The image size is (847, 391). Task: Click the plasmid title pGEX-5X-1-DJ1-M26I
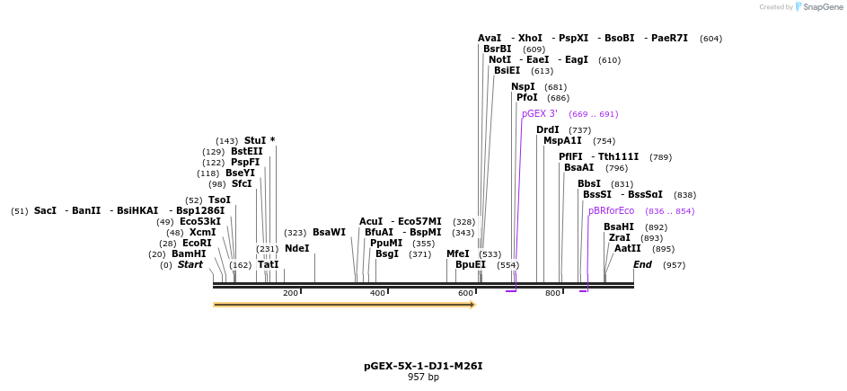click(423, 366)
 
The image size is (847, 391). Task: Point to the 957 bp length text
click(423, 378)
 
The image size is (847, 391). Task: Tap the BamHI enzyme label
click(189, 254)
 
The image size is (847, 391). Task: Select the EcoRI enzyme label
click(197, 244)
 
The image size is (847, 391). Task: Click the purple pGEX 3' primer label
click(540, 114)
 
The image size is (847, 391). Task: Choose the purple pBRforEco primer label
click(611, 211)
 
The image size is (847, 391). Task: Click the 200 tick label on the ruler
click(290, 294)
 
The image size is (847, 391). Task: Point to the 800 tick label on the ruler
click(552, 294)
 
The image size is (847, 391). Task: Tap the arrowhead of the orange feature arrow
click(472, 305)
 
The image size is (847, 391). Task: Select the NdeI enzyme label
click(296, 248)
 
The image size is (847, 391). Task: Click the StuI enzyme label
click(255, 141)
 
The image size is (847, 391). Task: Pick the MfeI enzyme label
click(457, 254)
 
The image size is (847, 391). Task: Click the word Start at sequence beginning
click(190, 265)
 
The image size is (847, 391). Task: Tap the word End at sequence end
click(642, 265)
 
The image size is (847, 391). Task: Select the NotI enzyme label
click(499, 60)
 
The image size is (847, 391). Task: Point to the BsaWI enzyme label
click(329, 233)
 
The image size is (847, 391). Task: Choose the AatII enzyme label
click(628, 249)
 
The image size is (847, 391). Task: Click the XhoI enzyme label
click(530, 39)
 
